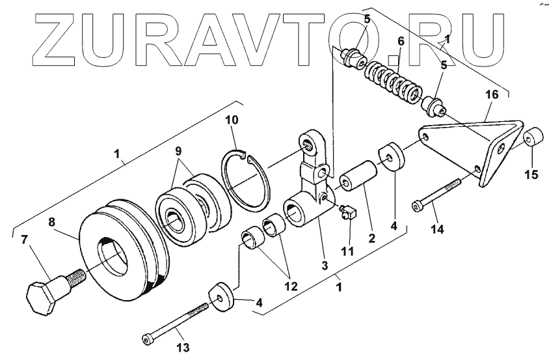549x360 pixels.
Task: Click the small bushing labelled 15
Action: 534,139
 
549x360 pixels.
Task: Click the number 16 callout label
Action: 491,95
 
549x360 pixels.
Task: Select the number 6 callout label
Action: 401,41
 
